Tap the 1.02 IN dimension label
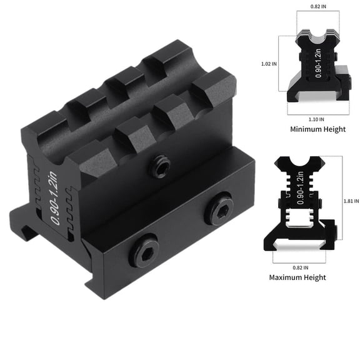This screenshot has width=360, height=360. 270,63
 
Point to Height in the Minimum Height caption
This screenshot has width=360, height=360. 332,129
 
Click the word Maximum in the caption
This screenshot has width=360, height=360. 289,277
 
